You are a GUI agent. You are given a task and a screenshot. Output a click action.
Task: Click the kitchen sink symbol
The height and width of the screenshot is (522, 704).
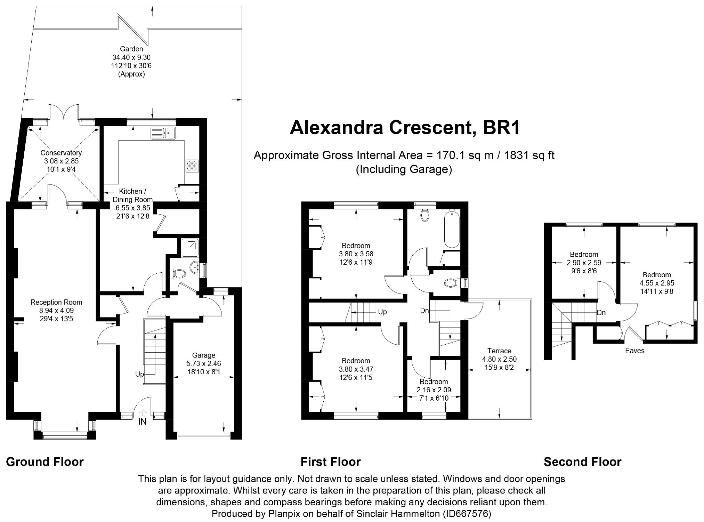click(163, 133)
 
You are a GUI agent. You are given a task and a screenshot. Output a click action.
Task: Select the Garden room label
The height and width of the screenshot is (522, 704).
click(131, 49)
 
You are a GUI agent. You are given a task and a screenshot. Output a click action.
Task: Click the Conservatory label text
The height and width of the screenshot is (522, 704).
click(61, 153)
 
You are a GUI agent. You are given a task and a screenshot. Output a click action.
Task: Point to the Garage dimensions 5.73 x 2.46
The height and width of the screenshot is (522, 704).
click(204, 364)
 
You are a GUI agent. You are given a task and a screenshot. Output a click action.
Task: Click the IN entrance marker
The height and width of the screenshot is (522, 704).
click(143, 422)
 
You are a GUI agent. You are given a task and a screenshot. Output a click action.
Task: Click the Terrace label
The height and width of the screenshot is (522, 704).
click(499, 351)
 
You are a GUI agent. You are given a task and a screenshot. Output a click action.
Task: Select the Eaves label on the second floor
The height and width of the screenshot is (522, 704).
click(635, 351)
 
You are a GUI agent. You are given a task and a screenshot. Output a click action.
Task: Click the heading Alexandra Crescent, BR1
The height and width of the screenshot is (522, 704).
click(405, 128)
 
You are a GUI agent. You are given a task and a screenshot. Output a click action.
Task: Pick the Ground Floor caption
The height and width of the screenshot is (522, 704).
click(45, 462)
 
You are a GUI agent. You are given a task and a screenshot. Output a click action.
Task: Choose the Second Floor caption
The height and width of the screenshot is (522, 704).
click(583, 462)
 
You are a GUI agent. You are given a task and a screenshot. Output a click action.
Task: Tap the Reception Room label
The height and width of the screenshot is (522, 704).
click(56, 302)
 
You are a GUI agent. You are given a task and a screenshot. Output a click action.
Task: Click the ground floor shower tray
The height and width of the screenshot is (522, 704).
click(190, 247)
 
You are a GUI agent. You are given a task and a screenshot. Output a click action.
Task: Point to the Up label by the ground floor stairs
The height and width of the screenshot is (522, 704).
click(139, 374)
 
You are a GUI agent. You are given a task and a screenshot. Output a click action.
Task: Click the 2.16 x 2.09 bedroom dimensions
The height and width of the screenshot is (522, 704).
click(434, 390)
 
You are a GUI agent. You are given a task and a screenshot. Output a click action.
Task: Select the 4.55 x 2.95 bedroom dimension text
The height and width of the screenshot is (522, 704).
click(657, 283)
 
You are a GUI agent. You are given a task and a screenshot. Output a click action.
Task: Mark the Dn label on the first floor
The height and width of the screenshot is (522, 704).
click(424, 311)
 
